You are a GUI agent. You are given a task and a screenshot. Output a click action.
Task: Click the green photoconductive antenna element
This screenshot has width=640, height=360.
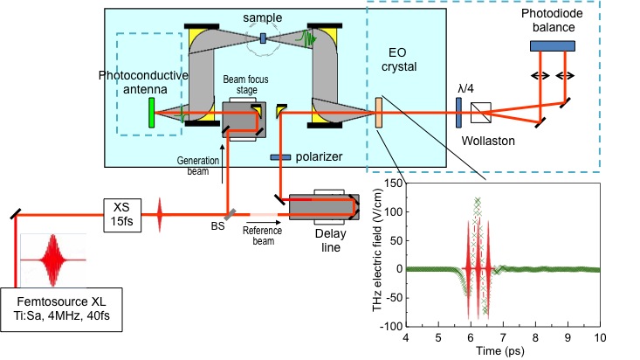point(152,113)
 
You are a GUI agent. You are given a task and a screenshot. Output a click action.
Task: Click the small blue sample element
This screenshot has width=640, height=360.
point(263,37)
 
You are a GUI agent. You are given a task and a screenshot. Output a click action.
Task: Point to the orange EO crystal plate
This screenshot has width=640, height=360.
point(378,113)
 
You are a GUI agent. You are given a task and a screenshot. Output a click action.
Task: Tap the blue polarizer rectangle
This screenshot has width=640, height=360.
point(280,156)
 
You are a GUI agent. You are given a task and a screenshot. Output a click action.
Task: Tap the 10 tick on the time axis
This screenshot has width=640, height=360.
point(599,336)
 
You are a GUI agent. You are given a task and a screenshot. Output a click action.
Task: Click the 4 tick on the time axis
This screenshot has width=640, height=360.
point(407,336)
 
